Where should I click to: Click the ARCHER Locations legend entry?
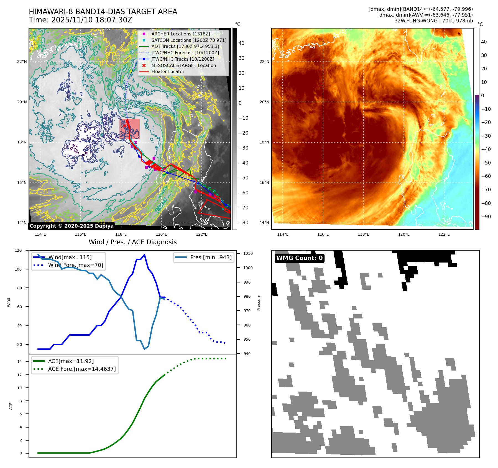click(180, 34)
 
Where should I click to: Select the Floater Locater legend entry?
click(168, 71)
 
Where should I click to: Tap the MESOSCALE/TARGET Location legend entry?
click(183, 65)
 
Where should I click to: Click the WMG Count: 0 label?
click(299, 258)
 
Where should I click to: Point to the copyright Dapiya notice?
click(71, 226)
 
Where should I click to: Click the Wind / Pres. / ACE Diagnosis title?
click(132, 242)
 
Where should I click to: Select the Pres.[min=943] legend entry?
click(211, 257)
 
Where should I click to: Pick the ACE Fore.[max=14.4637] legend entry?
click(82, 369)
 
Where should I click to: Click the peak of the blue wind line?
click(144, 255)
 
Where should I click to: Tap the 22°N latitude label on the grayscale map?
click(22, 61)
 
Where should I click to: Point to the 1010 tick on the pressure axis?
click(248, 253)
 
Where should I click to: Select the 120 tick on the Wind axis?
click(18, 250)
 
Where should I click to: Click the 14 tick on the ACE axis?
click(19, 362)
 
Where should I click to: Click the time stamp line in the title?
click(80, 20)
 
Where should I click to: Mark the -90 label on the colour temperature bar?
click(486, 217)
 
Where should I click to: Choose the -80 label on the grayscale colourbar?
click(243, 223)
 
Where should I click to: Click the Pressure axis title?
click(259, 302)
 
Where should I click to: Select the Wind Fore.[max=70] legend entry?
click(75, 265)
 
